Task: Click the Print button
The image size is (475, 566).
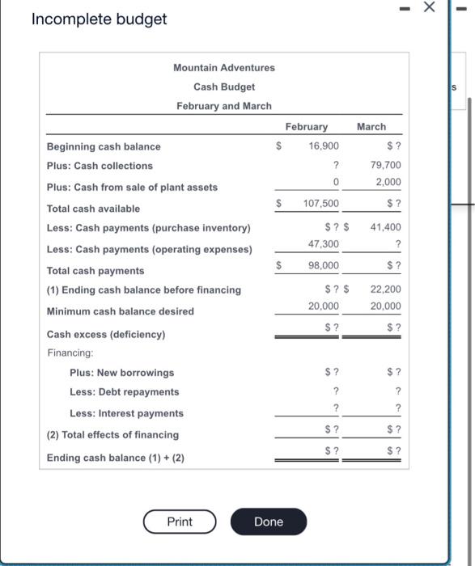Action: (180, 522)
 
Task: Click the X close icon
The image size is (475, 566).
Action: (430, 6)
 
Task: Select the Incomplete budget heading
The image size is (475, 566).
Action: (99, 19)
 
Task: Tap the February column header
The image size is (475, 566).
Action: (307, 127)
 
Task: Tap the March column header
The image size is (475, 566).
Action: (371, 127)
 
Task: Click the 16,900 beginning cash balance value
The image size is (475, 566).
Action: (324, 146)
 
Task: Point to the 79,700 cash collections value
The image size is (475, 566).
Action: (385, 165)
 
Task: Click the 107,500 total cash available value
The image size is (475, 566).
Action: (321, 204)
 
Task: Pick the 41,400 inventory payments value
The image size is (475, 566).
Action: (385, 227)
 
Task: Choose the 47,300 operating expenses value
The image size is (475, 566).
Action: (324, 243)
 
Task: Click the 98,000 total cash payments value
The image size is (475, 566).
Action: (324, 265)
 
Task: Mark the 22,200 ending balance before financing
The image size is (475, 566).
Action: (385, 289)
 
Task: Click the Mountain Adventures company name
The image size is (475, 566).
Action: (224, 67)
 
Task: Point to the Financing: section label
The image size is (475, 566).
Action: (70, 353)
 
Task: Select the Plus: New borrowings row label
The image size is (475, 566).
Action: (122, 373)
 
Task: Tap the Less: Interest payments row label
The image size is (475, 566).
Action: (126, 413)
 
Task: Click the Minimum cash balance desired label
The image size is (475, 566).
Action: (121, 311)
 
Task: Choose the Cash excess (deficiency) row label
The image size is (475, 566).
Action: (106, 334)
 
